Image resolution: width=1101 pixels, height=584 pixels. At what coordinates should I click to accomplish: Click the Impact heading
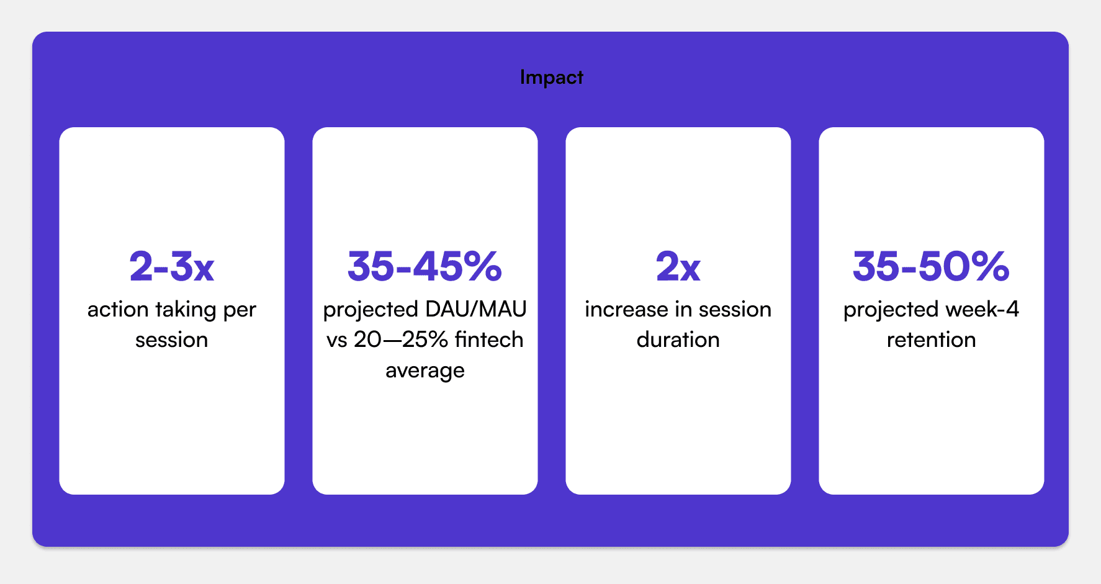(x=552, y=78)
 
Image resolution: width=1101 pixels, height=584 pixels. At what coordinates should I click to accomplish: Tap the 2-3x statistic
(x=172, y=267)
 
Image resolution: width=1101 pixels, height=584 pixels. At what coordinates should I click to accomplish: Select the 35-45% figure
(x=425, y=267)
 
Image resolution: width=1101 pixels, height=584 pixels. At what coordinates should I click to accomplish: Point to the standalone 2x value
(x=678, y=267)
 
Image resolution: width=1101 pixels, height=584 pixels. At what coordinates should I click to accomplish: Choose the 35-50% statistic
(x=932, y=267)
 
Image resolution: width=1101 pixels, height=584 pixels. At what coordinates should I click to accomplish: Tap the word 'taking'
(x=185, y=310)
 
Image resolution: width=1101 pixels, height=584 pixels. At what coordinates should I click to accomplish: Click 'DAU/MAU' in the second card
(x=476, y=309)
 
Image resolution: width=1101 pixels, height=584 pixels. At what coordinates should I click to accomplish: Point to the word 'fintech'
(x=489, y=339)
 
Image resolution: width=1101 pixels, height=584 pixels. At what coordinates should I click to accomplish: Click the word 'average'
(x=425, y=371)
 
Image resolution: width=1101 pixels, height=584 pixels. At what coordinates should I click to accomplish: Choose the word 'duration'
(x=678, y=339)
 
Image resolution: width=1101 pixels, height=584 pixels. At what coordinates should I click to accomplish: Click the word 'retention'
(x=932, y=339)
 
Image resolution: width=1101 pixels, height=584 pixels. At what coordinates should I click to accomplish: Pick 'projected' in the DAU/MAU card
(x=371, y=310)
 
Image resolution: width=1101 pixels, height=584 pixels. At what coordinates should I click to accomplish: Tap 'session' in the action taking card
(x=172, y=340)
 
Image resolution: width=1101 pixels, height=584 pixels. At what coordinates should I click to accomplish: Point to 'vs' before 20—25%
(x=337, y=341)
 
